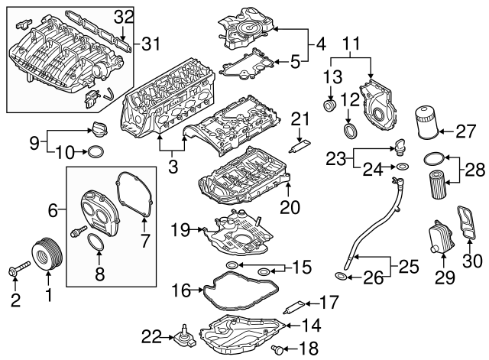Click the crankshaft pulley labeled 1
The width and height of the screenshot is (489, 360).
coord(44,254)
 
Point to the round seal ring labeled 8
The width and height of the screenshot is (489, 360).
coord(95,244)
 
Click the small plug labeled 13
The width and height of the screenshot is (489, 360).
coord(332,104)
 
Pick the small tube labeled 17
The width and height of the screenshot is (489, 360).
coord(294,311)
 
